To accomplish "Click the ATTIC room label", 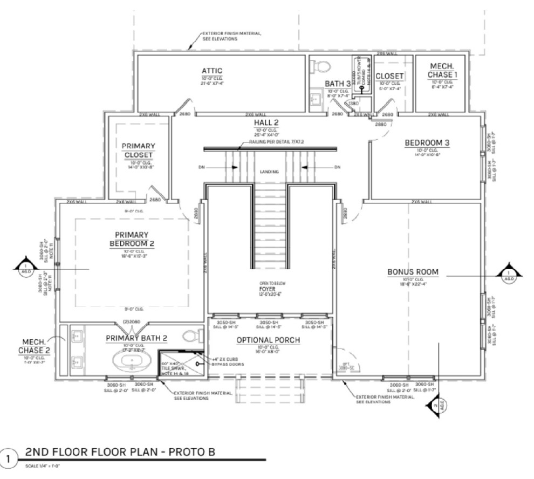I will tap(212, 71).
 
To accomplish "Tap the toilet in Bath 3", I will tap(322, 66).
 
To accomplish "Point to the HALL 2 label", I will tap(266, 123).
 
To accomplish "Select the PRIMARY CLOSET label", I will tap(138, 150).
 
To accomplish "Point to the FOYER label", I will tap(268, 289).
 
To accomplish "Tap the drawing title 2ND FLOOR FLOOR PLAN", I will tap(120, 451).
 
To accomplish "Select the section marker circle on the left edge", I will tap(25, 268).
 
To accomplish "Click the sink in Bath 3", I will tap(314, 99).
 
